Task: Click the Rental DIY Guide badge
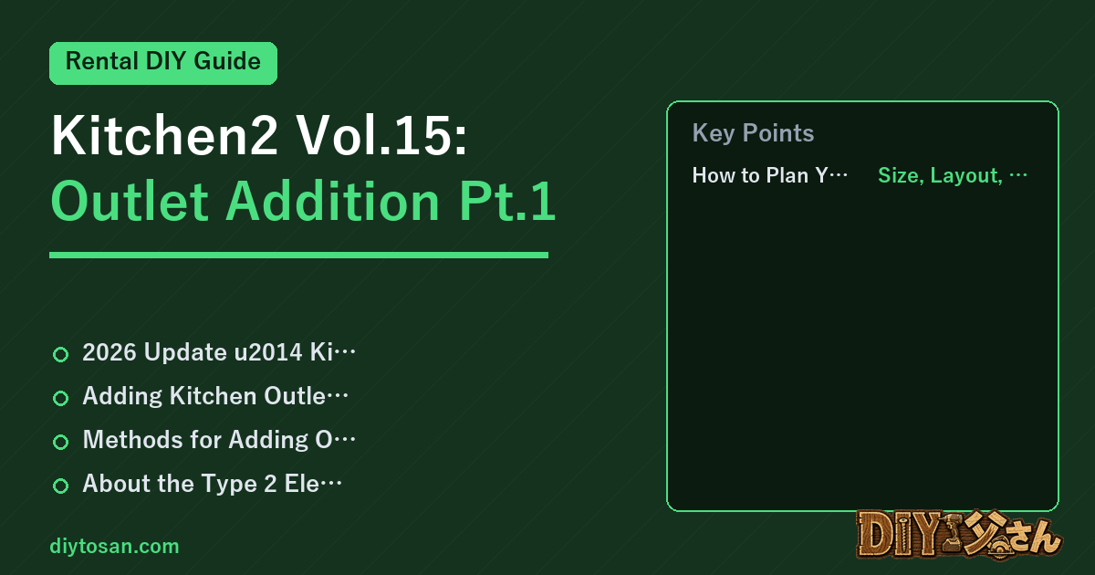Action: point(163,63)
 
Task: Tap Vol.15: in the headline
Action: point(381,135)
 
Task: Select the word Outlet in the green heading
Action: point(130,201)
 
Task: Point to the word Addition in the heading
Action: point(332,201)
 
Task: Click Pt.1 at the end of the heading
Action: point(507,201)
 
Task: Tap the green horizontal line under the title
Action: point(298,255)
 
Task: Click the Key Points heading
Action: point(753,133)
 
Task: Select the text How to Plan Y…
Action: point(769,175)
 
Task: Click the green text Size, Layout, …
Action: point(953,175)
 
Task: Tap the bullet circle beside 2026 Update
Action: point(60,354)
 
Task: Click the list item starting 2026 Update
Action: point(219,352)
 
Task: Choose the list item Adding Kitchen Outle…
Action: point(215,396)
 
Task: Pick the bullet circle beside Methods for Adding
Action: point(60,442)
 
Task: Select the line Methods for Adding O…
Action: point(219,440)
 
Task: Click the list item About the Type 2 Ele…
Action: point(212,484)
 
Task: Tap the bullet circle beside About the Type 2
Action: point(60,486)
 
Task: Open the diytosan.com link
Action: point(114,546)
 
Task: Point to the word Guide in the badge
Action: point(227,62)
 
